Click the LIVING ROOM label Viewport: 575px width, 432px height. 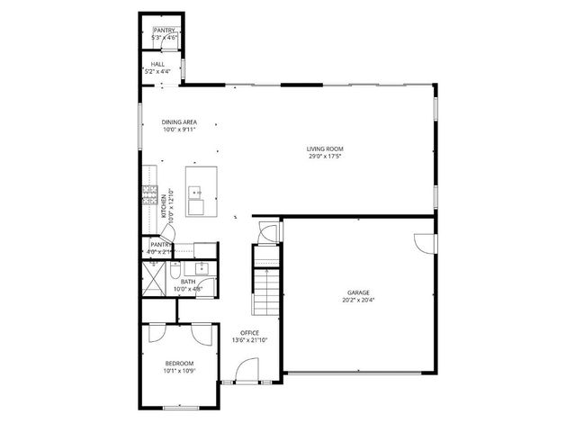(325, 148)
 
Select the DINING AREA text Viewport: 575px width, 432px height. (179, 122)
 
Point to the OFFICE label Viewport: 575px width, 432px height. (249, 332)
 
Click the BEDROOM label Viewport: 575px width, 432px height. (179, 363)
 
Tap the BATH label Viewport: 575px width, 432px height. (188, 282)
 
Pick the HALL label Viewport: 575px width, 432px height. (157, 65)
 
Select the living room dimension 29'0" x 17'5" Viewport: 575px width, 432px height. (325, 157)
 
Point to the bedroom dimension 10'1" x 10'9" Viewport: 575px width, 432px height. (179, 371)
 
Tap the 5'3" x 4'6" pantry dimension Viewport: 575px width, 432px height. (164, 38)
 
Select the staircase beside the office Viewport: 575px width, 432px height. (266, 288)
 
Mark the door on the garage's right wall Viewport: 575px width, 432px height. (423, 243)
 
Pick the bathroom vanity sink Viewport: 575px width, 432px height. (202, 268)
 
